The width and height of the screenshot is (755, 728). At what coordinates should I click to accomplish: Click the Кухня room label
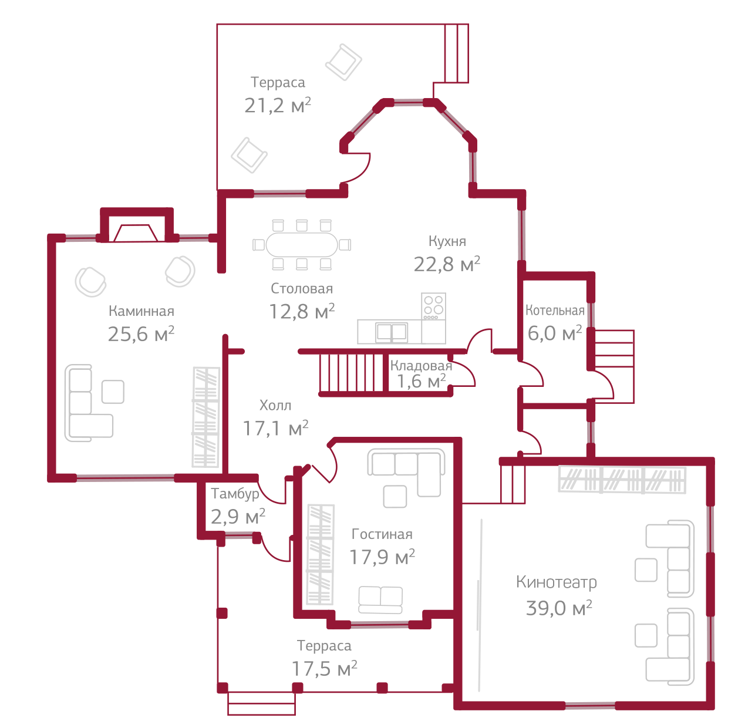447,241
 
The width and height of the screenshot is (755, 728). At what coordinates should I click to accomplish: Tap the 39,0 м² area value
558,608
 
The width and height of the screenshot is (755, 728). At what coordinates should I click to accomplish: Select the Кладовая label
421,366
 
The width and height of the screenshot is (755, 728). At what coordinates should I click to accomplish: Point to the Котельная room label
555,311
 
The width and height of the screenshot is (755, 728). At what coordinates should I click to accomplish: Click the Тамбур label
235,494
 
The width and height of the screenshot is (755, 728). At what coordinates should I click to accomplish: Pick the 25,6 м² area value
141,334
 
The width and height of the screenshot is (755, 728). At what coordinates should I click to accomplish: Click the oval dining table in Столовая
302,244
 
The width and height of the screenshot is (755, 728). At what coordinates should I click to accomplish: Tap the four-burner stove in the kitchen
433,306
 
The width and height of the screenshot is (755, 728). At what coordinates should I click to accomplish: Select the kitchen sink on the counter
392,332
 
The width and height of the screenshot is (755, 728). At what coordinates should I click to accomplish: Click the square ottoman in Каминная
113,392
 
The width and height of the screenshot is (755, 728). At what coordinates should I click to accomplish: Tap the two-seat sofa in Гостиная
380,600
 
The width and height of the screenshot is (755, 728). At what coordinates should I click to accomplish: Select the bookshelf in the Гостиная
320,555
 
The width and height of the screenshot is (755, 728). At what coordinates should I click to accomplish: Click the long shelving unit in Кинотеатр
622,479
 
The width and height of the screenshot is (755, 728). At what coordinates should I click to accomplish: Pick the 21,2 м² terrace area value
277,106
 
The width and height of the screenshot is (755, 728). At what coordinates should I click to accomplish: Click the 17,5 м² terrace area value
324,669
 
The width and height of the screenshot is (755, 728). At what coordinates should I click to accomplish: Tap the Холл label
275,405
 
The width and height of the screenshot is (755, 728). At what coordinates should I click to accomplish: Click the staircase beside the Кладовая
350,373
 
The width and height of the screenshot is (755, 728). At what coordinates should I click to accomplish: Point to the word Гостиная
382,534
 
